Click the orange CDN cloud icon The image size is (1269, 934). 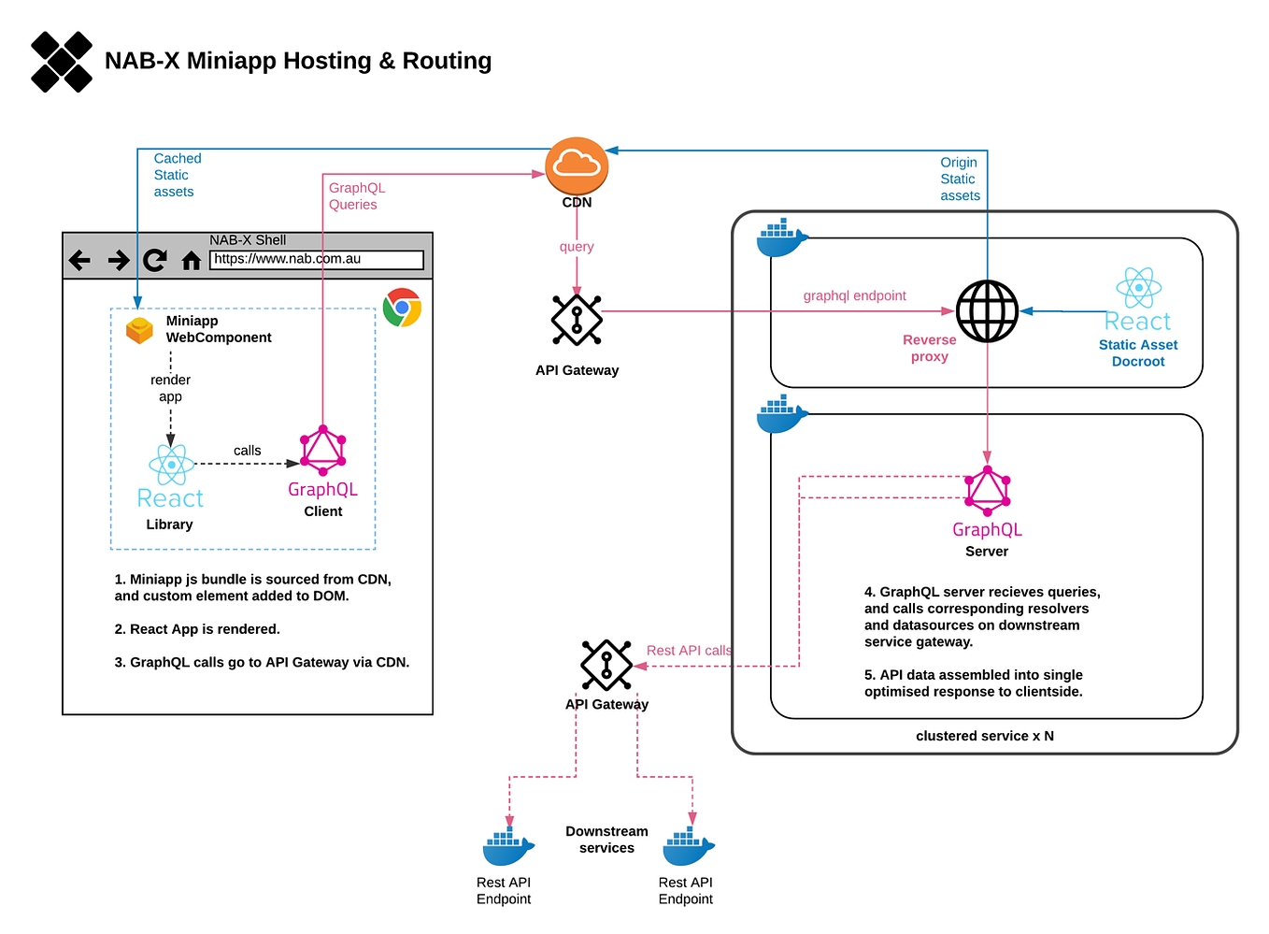coord(577,165)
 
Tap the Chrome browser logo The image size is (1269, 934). coord(402,308)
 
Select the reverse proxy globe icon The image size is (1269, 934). coord(987,311)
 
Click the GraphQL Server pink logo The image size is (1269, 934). coord(987,491)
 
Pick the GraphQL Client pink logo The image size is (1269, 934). coord(323,451)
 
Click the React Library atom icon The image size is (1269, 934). coord(171,465)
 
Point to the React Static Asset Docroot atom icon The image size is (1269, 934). coord(1138,288)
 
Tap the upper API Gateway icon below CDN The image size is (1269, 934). coord(577,320)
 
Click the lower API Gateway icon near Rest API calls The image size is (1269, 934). coord(606,665)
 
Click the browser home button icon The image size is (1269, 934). coord(192,261)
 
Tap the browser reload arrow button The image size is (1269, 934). coord(155,260)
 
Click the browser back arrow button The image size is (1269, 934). coord(80,260)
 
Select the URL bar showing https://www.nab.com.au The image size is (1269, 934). coord(317,260)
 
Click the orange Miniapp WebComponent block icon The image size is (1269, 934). coord(139,330)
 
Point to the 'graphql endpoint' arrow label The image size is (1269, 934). coord(854,295)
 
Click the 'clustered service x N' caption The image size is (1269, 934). coord(984,736)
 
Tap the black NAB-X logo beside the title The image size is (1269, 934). coord(62,62)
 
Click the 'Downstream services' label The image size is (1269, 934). coord(606,840)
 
